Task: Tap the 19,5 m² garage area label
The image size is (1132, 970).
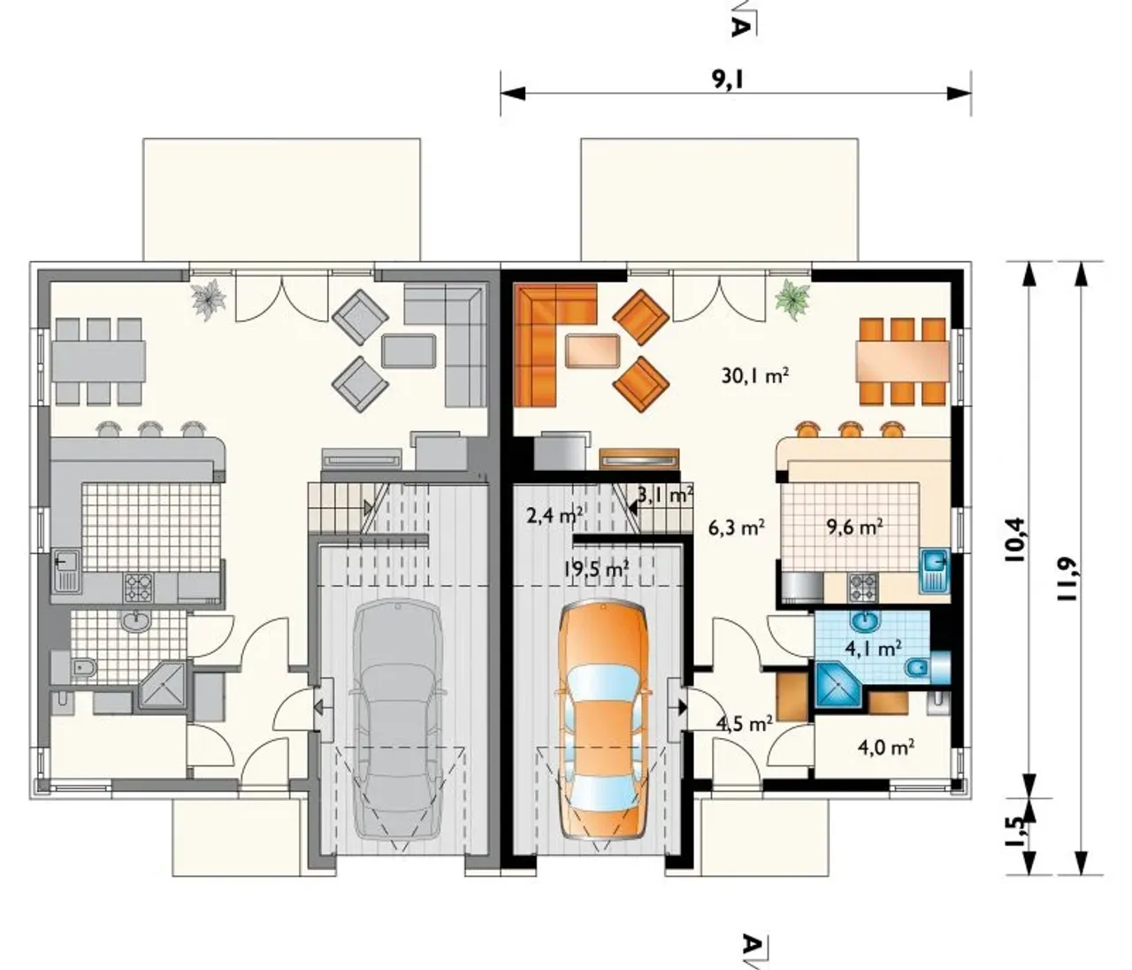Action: [x=596, y=569]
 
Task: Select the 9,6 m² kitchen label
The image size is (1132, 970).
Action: [x=854, y=527]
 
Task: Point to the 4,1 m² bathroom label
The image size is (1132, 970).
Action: [x=874, y=649]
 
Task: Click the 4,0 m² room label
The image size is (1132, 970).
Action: [x=885, y=746]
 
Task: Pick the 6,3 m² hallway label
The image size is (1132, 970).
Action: [x=737, y=527]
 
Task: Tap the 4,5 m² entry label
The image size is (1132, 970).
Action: [x=745, y=724]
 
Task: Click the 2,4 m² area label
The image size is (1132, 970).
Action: [x=554, y=515]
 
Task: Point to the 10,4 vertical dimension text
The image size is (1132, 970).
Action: [x=1013, y=539]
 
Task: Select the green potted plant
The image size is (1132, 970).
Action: [x=792, y=298]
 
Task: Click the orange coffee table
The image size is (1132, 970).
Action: [x=592, y=350]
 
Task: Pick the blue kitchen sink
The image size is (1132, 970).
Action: [x=934, y=567]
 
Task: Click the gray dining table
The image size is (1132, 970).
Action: [x=99, y=361]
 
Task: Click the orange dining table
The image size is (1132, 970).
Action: [x=903, y=361]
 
